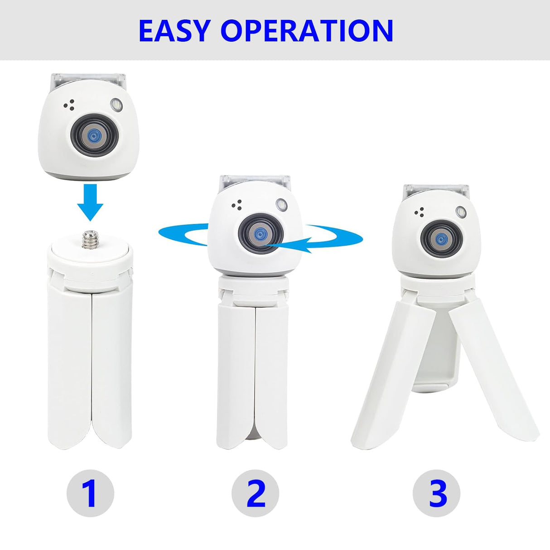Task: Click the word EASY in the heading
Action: tap(175, 30)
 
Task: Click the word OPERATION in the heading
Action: tap(307, 30)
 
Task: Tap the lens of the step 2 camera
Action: tap(260, 234)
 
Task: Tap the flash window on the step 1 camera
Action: tap(116, 105)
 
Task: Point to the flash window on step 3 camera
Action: tap(461, 211)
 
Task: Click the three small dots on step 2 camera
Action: tap(236, 205)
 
